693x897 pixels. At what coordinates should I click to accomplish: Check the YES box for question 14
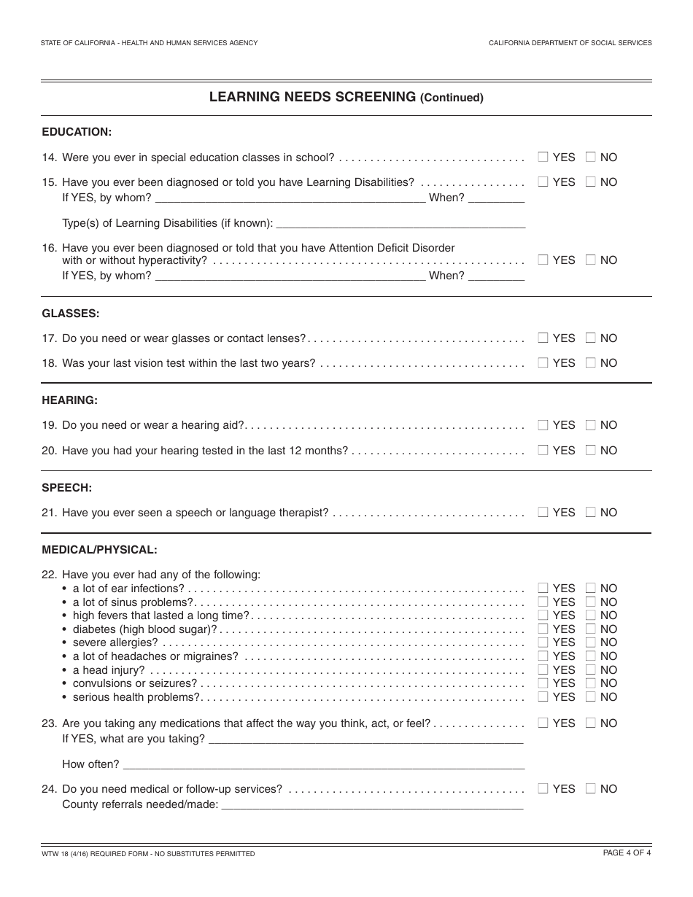coord(543,157)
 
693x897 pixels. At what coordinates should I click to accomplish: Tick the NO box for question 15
coord(590,182)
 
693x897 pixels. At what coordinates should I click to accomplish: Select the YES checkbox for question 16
coord(543,260)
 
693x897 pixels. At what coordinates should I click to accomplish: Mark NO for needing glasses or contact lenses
coord(590,338)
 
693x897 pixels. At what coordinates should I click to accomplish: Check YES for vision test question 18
coord(543,362)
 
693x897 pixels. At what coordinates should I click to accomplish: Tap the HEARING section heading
coord(69,400)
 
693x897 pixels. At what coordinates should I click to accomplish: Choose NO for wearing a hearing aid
coord(590,425)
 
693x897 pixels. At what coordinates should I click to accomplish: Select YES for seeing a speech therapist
coord(543,512)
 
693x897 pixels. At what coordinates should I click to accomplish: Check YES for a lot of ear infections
coord(543,588)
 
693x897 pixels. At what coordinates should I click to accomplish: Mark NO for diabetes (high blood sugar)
coord(590,629)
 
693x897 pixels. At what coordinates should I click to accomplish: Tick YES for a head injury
coord(543,669)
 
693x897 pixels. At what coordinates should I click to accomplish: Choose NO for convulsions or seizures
coord(590,683)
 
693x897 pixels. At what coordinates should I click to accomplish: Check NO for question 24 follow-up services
coord(590,788)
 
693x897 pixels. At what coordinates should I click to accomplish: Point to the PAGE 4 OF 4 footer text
coord(627,853)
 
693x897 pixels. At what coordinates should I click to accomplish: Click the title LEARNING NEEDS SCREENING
coord(312,96)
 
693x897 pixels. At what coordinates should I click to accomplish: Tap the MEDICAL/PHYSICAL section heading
coord(99,549)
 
